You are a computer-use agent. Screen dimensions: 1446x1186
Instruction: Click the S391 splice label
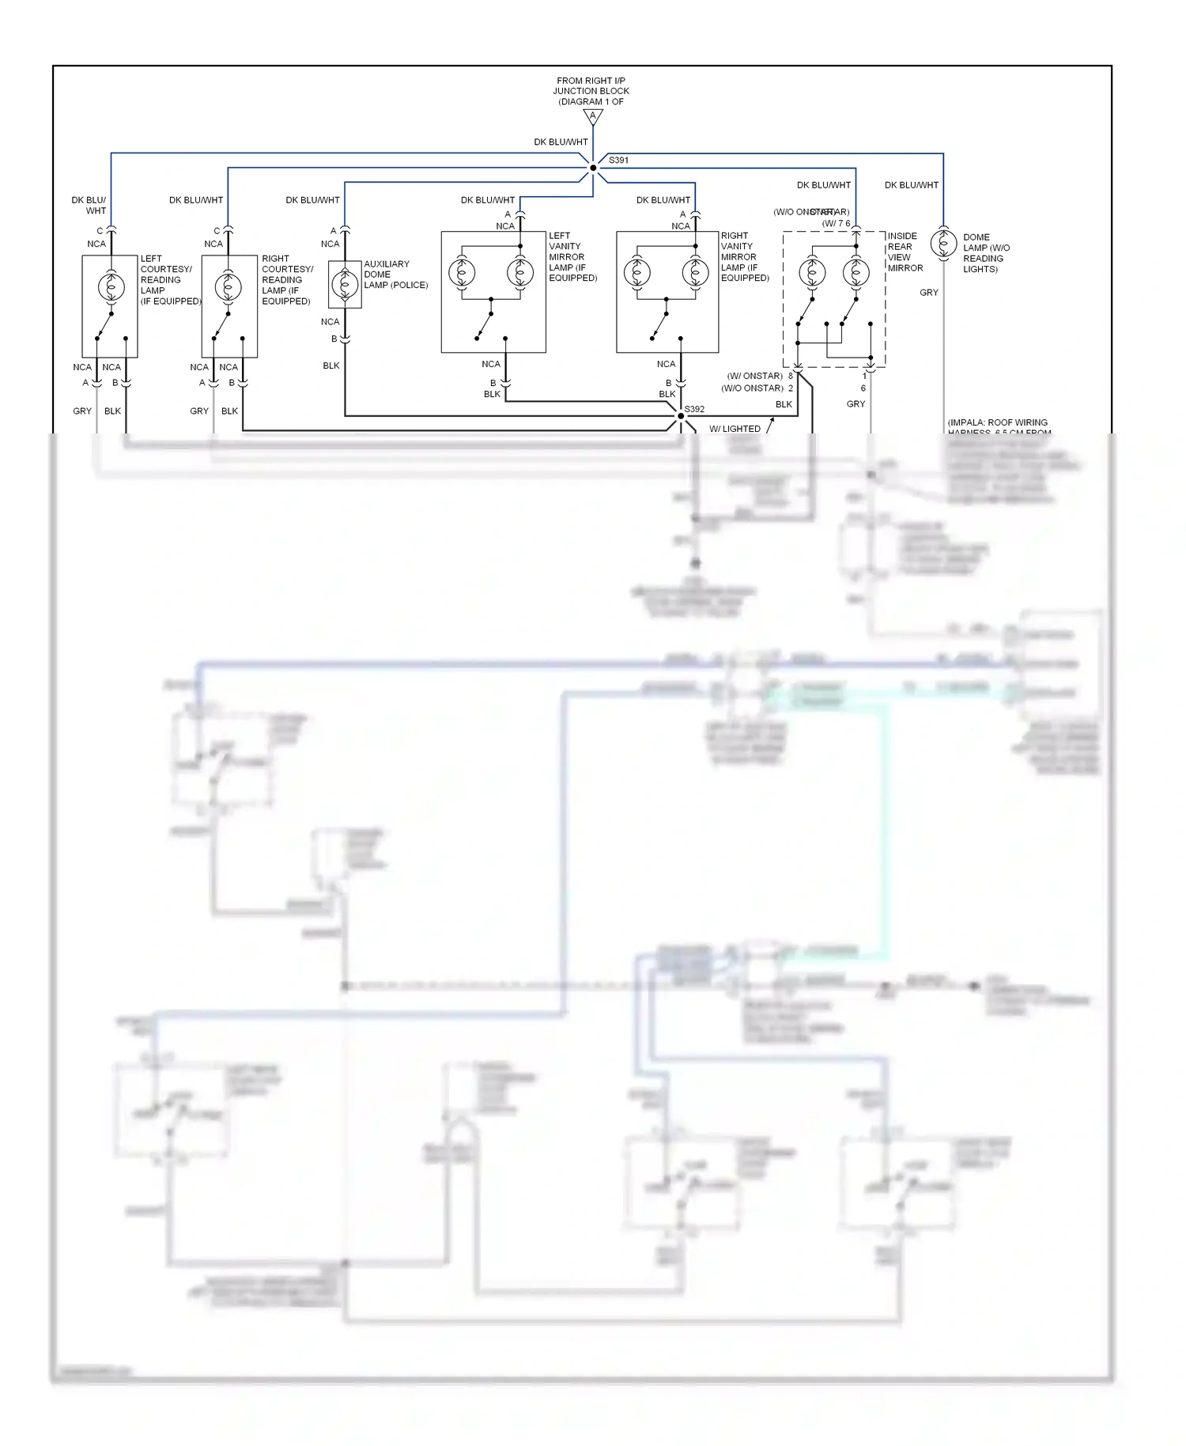tap(618, 161)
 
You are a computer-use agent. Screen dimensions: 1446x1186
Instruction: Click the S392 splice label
tap(694, 409)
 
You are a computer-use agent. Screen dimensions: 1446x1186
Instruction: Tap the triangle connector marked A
tap(593, 117)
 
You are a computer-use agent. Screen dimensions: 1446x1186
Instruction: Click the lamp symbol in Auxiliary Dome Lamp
tap(345, 284)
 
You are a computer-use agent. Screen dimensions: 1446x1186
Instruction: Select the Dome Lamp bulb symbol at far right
tap(943, 243)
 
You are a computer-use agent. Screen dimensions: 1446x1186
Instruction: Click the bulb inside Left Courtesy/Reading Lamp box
tap(111, 286)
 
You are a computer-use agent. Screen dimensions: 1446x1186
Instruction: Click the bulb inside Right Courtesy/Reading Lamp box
tap(228, 286)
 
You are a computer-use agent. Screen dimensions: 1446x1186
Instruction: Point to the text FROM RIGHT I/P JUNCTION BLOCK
tap(591, 91)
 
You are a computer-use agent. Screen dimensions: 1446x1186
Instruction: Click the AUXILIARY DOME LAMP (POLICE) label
tap(395, 274)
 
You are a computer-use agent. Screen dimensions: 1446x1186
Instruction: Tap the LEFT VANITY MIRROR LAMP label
tap(572, 256)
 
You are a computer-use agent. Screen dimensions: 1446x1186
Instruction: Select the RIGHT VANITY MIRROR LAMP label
tap(744, 256)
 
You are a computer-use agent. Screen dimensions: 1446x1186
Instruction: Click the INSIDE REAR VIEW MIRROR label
tap(905, 252)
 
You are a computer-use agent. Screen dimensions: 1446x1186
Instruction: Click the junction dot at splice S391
tap(593, 168)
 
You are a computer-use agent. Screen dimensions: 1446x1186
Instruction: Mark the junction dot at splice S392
tap(680, 416)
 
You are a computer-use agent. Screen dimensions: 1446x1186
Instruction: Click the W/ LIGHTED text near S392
tap(735, 429)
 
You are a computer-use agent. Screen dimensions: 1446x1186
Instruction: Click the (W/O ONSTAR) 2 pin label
tap(756, 388)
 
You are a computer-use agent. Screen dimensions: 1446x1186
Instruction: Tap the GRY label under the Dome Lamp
tap(929, 293)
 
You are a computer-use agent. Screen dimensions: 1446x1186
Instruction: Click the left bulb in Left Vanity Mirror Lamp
tap(462, 273)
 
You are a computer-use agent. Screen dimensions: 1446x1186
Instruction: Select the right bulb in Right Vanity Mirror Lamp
tap(695, 273)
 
